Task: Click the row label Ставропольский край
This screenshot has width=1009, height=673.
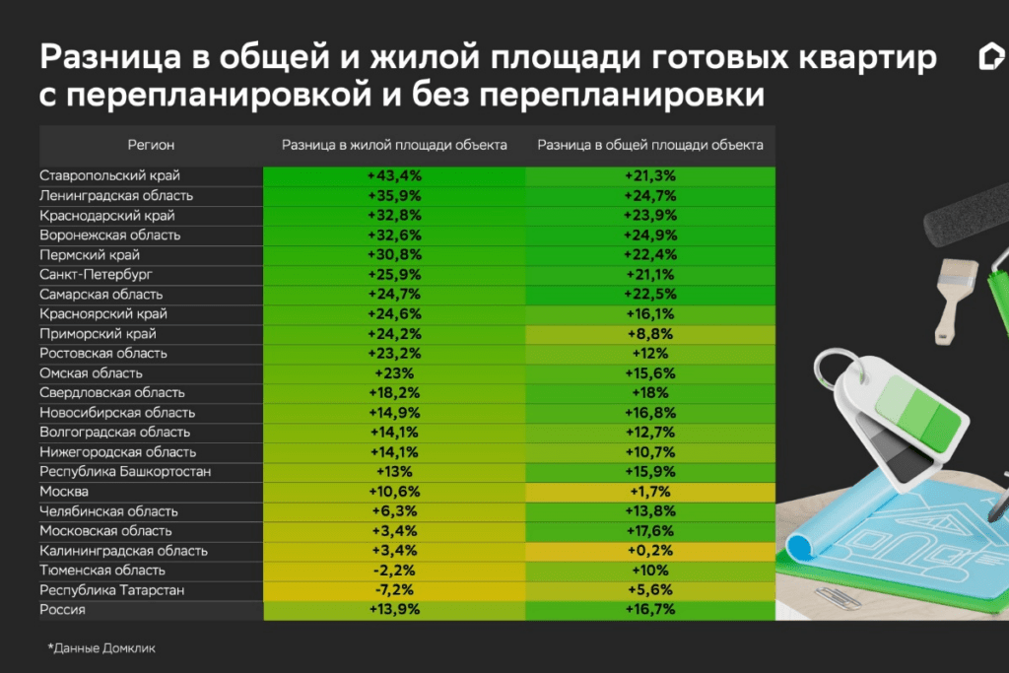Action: (109, 175)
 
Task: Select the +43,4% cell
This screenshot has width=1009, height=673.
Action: (394, 175)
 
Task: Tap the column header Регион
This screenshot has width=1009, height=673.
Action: (151, 145)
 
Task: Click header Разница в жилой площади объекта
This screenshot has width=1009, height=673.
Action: (394, 145)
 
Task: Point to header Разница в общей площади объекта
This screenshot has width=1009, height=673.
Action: (649, 145)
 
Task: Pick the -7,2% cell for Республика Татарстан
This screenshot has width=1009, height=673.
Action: (394, 589)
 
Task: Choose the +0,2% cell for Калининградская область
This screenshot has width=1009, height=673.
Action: (649, 550)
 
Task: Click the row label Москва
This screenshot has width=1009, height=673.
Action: (64, 491)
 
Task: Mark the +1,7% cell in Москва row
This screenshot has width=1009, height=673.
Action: (649, 491)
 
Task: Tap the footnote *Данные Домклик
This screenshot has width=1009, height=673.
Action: (101, 648)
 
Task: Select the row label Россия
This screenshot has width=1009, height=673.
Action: (62, 610)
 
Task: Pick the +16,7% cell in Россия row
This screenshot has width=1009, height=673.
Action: (649, 610)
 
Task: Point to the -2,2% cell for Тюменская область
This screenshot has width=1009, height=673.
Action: (394, 570)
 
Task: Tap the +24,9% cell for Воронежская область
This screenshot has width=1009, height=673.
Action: (649, 235)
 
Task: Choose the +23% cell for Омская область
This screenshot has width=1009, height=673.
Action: (394, 372)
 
